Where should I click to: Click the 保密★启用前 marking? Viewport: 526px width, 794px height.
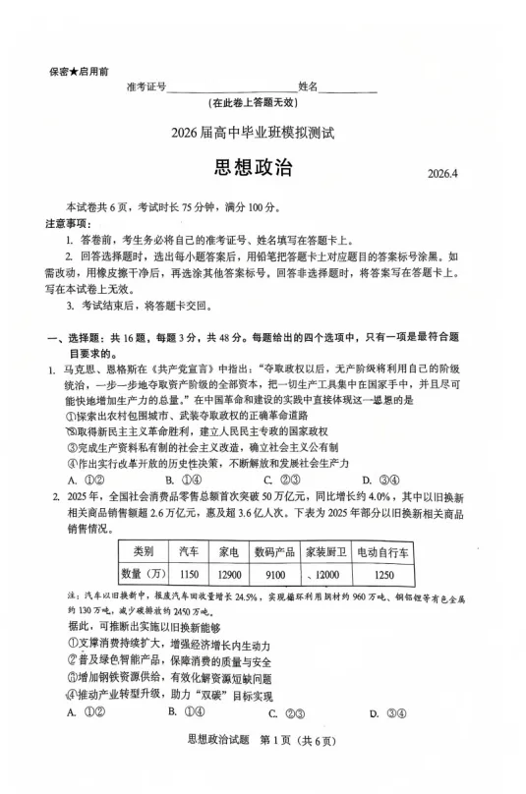[x=79, y=72]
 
